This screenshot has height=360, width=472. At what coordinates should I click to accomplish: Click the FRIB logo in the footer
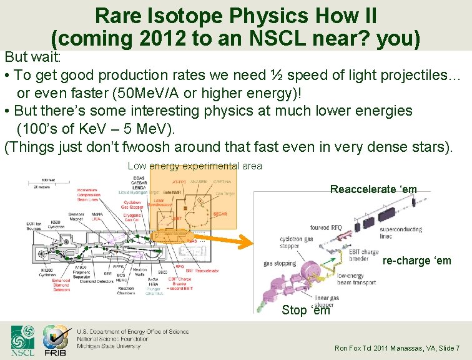point(55,340)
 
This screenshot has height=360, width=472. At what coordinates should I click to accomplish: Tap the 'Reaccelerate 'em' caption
point(373,189)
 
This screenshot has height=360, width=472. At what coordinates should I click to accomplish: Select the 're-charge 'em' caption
point(416,261)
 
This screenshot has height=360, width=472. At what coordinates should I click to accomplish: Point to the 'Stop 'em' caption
point(305,310)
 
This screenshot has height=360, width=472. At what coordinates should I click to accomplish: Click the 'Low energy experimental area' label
point(195,166)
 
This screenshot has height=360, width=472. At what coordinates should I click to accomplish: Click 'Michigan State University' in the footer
point(109,346)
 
